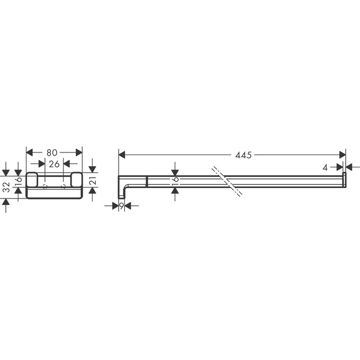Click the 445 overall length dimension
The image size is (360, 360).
244,155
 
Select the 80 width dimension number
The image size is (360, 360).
52,152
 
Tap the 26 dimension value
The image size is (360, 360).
54,164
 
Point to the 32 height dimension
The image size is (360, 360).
6,187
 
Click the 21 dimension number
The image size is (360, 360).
92,182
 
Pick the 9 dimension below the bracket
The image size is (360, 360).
121,205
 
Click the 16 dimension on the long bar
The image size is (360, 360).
175,181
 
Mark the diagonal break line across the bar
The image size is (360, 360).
228,182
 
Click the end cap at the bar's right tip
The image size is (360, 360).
344,180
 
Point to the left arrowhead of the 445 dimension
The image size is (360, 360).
121,155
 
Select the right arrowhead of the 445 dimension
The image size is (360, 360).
343,155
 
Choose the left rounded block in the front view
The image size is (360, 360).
32,179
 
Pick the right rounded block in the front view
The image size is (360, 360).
76,179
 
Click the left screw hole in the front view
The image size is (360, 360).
45,186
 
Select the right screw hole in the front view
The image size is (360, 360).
64,186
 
